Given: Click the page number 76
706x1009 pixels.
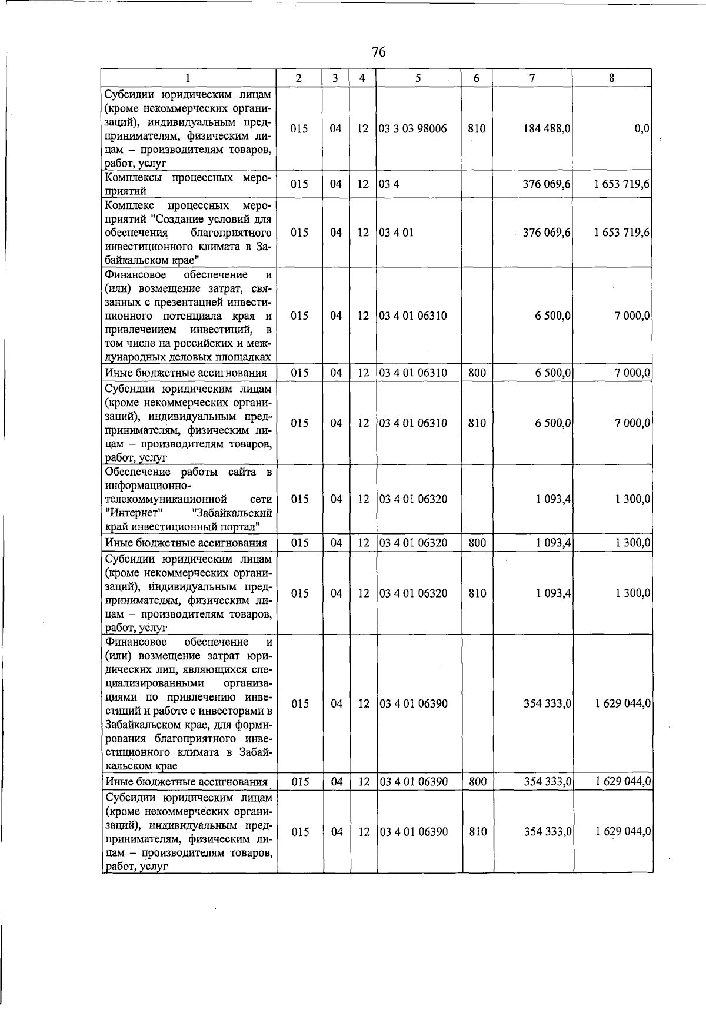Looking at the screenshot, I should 378,52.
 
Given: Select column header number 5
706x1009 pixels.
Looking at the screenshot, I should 418,78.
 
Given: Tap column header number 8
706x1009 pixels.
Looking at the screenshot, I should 612,78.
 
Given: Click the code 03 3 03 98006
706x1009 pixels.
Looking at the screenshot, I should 412,128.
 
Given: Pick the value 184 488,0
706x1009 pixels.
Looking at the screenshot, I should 547,128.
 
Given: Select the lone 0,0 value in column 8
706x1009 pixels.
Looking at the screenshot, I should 642,128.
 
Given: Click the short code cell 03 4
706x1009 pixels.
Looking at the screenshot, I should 386,184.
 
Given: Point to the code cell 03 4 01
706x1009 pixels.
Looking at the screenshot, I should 396,233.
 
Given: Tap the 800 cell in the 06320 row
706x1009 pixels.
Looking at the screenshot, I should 477,543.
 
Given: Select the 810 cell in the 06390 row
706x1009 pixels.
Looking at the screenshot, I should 477,832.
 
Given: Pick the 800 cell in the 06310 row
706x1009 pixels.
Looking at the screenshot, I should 477,373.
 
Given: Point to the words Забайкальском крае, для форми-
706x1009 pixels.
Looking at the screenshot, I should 188,725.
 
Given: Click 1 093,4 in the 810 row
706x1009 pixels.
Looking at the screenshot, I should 553,593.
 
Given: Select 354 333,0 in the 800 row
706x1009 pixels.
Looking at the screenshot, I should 547,782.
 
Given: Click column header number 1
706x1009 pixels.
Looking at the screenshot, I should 188,78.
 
